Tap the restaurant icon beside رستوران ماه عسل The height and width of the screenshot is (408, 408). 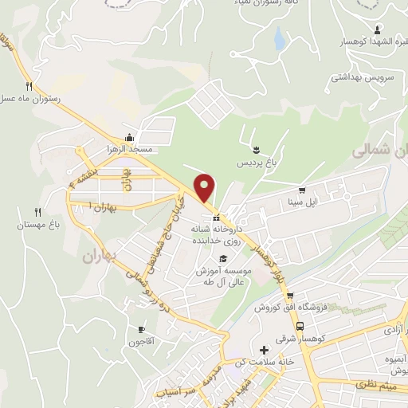[x=29, y=86]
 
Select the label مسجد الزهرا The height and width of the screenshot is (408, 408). [x=128, y=149]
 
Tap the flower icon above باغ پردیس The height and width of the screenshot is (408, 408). [x=257, y=149]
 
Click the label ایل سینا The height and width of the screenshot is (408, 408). [x=302, y=203]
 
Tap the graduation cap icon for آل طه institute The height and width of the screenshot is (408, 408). [x=223, y=258]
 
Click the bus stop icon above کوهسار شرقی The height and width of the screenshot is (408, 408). [x=299, y=326]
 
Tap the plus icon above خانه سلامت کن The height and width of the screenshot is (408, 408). [x=265, y=350]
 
